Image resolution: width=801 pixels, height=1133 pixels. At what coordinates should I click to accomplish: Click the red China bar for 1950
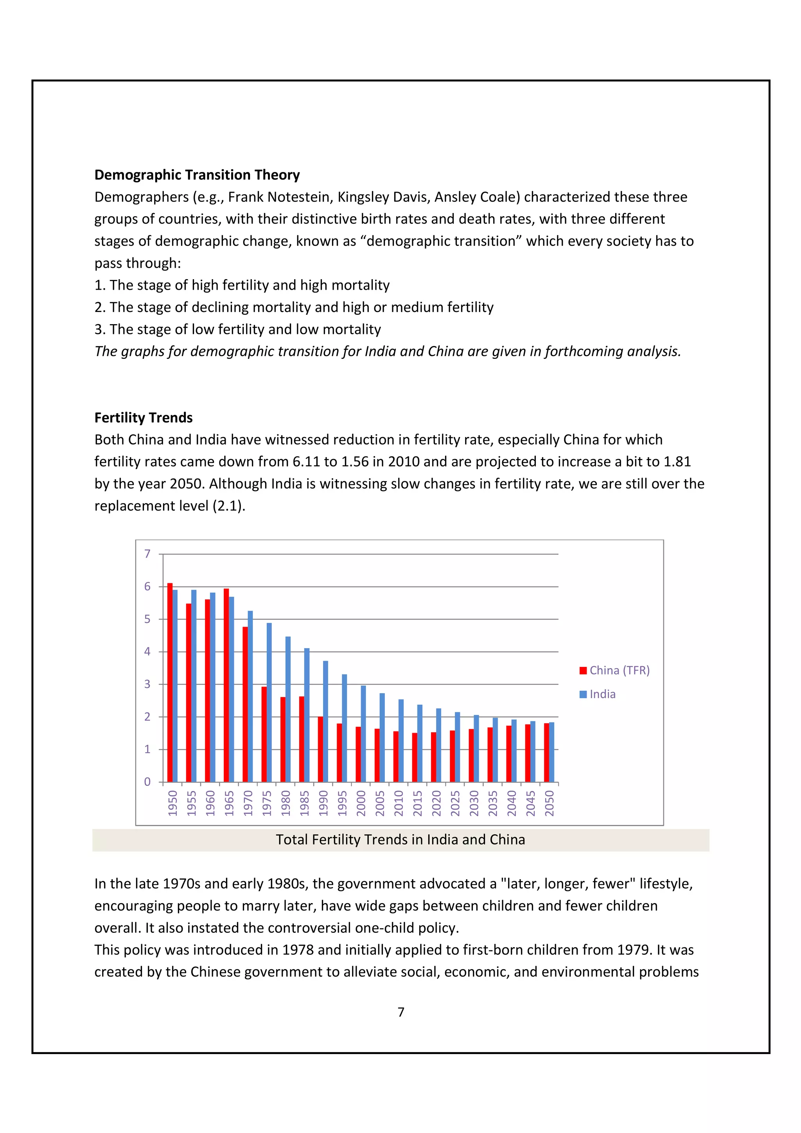[170, 683]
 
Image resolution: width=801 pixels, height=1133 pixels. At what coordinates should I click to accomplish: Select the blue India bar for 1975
[269, 703]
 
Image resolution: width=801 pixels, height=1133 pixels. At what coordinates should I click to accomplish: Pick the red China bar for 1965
[226, 686]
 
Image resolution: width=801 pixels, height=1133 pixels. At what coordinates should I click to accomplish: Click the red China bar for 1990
[320, 749]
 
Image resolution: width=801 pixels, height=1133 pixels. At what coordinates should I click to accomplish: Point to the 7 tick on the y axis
[147, 554]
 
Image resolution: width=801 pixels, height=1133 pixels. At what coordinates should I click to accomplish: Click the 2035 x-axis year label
[492, 803]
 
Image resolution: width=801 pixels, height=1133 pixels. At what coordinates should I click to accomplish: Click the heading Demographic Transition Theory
[197, 175]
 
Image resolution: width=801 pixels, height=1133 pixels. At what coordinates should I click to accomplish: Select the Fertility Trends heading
[143, 418]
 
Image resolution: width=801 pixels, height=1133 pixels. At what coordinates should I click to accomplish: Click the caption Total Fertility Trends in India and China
[400, 839]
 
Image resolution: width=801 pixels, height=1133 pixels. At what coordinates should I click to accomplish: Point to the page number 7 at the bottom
[401, 1012]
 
